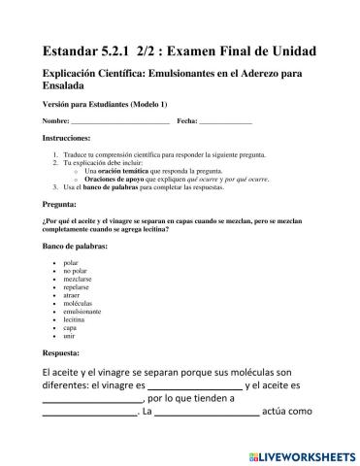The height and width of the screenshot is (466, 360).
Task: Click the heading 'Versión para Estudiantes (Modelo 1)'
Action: tap(105, 103)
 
